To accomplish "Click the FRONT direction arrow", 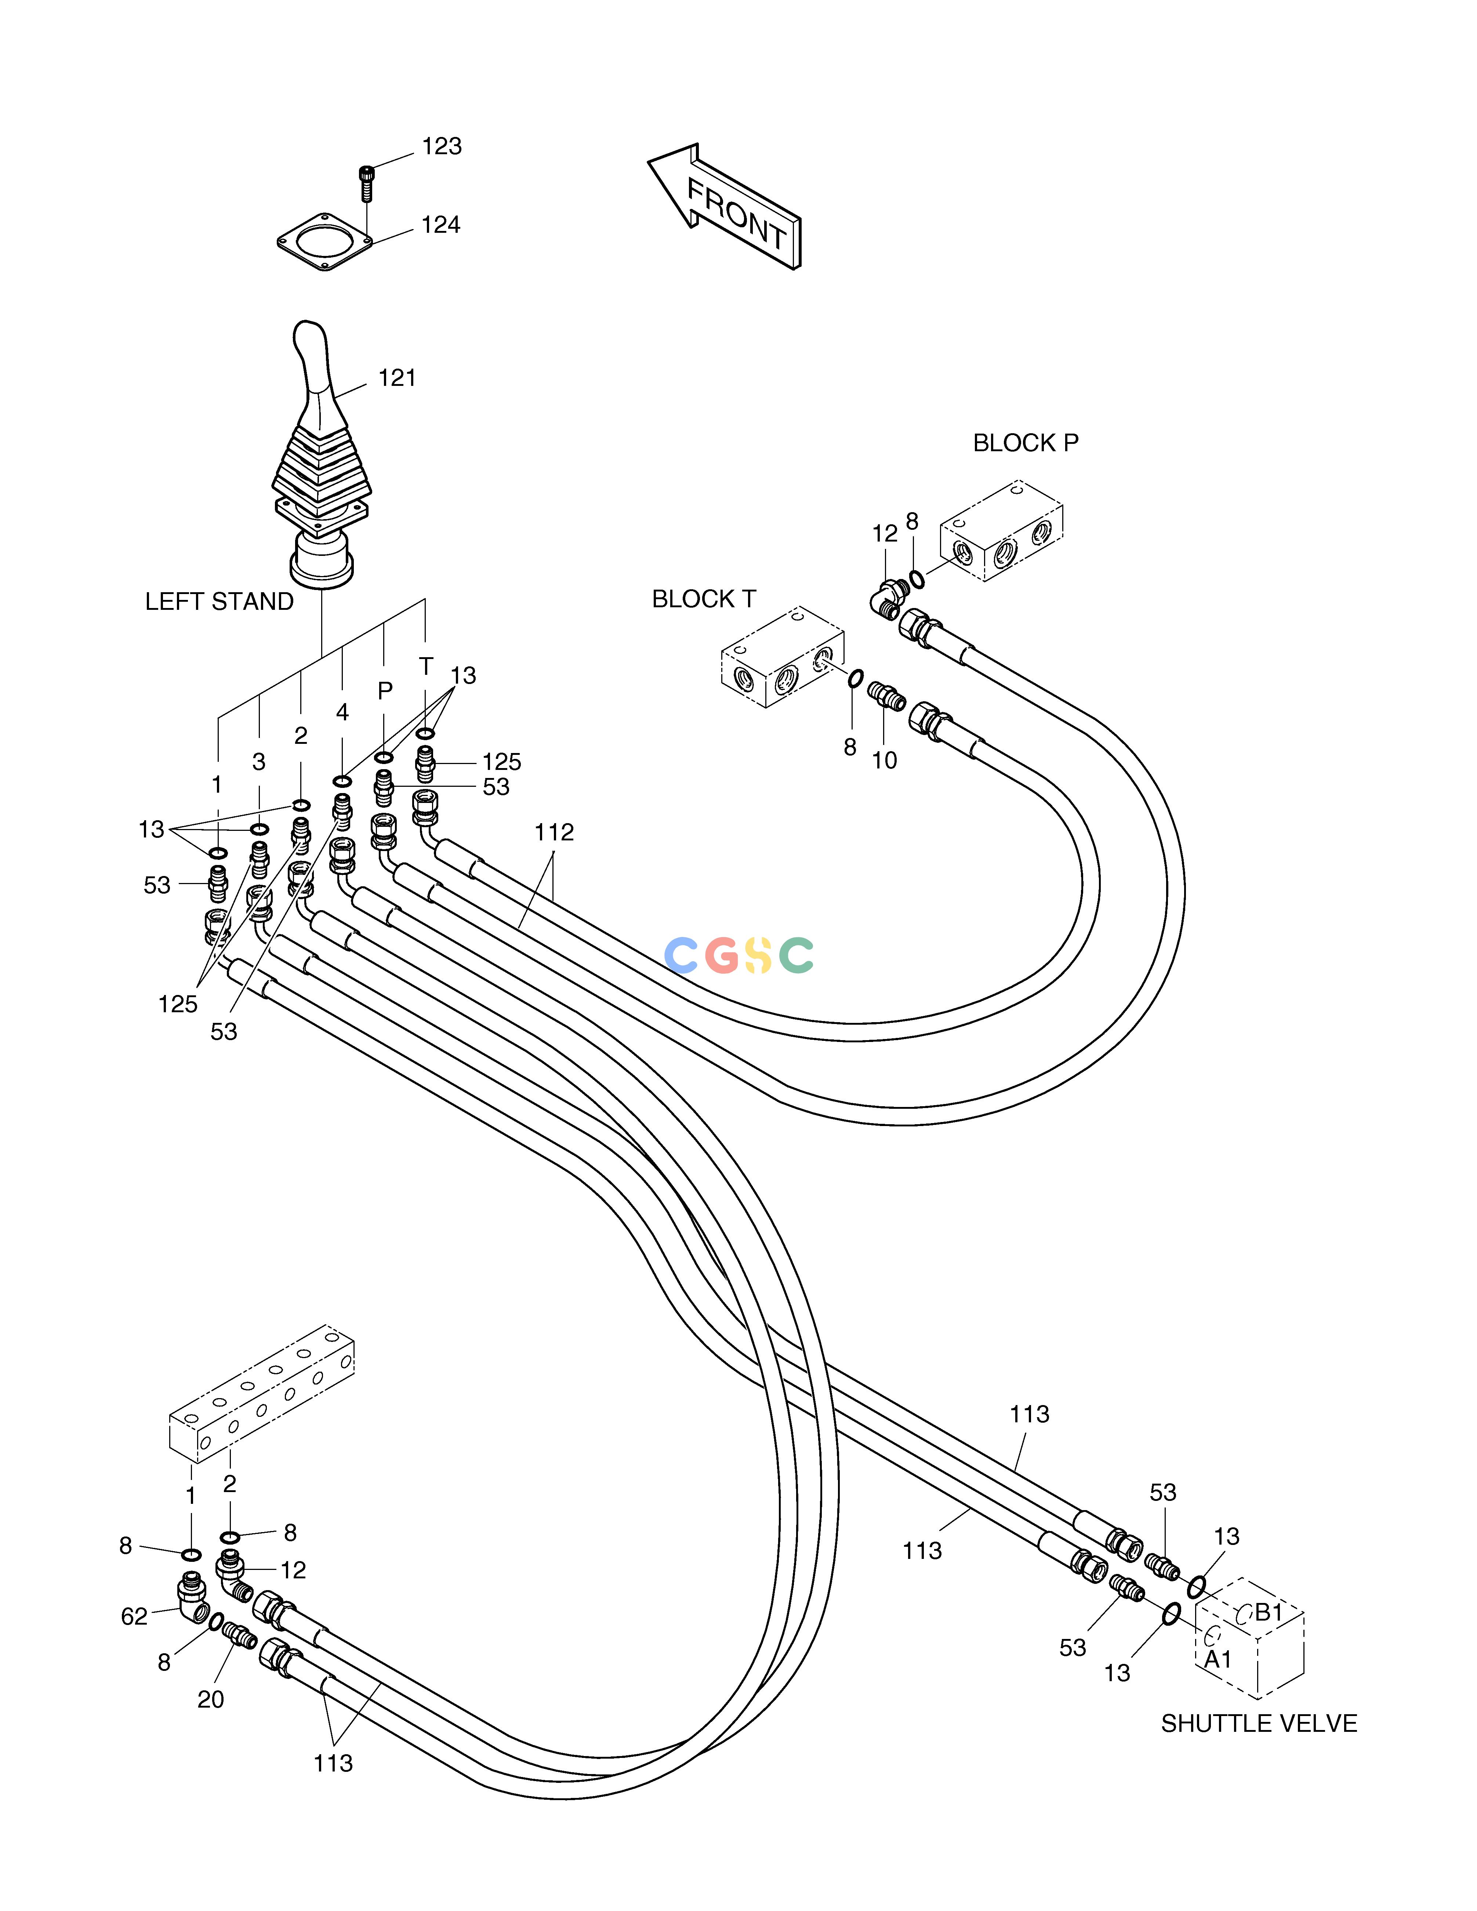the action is coord(725,206).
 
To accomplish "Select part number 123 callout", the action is coord(442,146).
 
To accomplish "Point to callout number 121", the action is coord(397,378).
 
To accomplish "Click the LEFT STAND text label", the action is coord(219,602).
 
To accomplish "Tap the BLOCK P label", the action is coord(1026,444).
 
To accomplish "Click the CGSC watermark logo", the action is coord(739,955).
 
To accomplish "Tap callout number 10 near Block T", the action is coord(885,760).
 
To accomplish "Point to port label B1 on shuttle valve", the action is coord(1269,1612).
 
